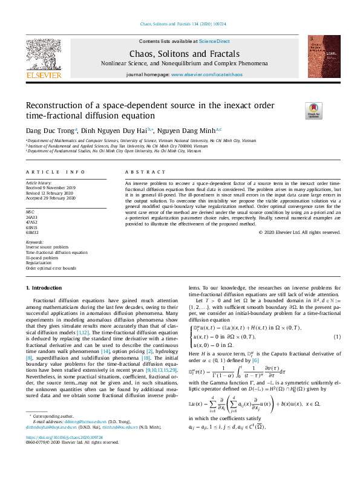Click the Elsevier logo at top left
[x=44, y=57]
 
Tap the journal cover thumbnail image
[x=324, y=56]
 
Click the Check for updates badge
[x=313, y=110]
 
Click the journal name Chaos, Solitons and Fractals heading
[x=179, y=53]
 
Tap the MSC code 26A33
[x=32, y=216]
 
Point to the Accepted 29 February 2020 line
[x=49, y=198]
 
